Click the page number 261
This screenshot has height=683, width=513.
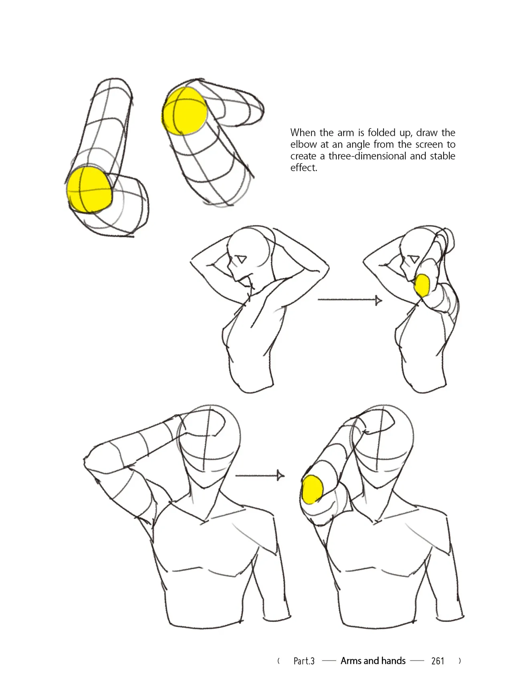438,661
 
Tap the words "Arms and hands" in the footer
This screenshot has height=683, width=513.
373,661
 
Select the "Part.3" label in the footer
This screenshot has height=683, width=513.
304,661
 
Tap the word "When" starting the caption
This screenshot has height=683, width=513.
303,133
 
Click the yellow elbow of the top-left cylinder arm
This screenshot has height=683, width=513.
89,190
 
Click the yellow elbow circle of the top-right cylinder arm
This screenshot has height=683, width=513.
184,111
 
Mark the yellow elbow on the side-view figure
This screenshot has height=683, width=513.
422,285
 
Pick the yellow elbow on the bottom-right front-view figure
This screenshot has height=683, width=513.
312,489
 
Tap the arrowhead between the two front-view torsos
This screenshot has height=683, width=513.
281,476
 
